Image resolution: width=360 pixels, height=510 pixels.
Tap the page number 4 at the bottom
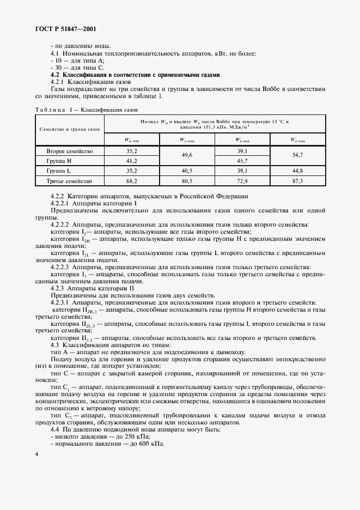(x=36, y=454)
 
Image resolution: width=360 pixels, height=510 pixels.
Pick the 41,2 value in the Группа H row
(x=131, y=161)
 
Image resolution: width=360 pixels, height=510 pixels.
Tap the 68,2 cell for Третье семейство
(x=131, y=181)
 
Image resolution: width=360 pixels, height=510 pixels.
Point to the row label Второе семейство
(x=70, y=151)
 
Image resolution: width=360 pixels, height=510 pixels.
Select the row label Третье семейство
(x=70, y=181)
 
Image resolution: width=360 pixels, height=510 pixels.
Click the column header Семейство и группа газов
(x=70, y=130)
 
